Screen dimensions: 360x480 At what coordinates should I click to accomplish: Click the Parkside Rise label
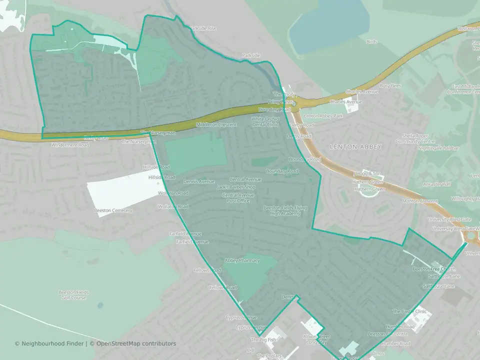click(x=203, y=28)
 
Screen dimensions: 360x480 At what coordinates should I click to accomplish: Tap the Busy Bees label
click(x=390, y=86)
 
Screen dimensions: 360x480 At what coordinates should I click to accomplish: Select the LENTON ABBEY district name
click(x=355, y=146)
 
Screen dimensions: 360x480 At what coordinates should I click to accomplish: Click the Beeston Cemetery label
click(x=113, y=210)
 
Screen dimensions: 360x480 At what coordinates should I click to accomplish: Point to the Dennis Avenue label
click(x=198, y=181)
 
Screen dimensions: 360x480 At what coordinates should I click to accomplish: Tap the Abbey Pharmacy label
click(x=242, y=260)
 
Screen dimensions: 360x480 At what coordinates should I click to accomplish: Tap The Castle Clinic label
click(x=409, y=311)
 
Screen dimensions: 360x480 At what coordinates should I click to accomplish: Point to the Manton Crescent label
click(x=421, y=200)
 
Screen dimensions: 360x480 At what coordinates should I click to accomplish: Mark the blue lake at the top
click(x=330, y=27)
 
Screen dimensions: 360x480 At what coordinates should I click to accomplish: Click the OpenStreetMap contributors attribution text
click(x=136, y=343)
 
